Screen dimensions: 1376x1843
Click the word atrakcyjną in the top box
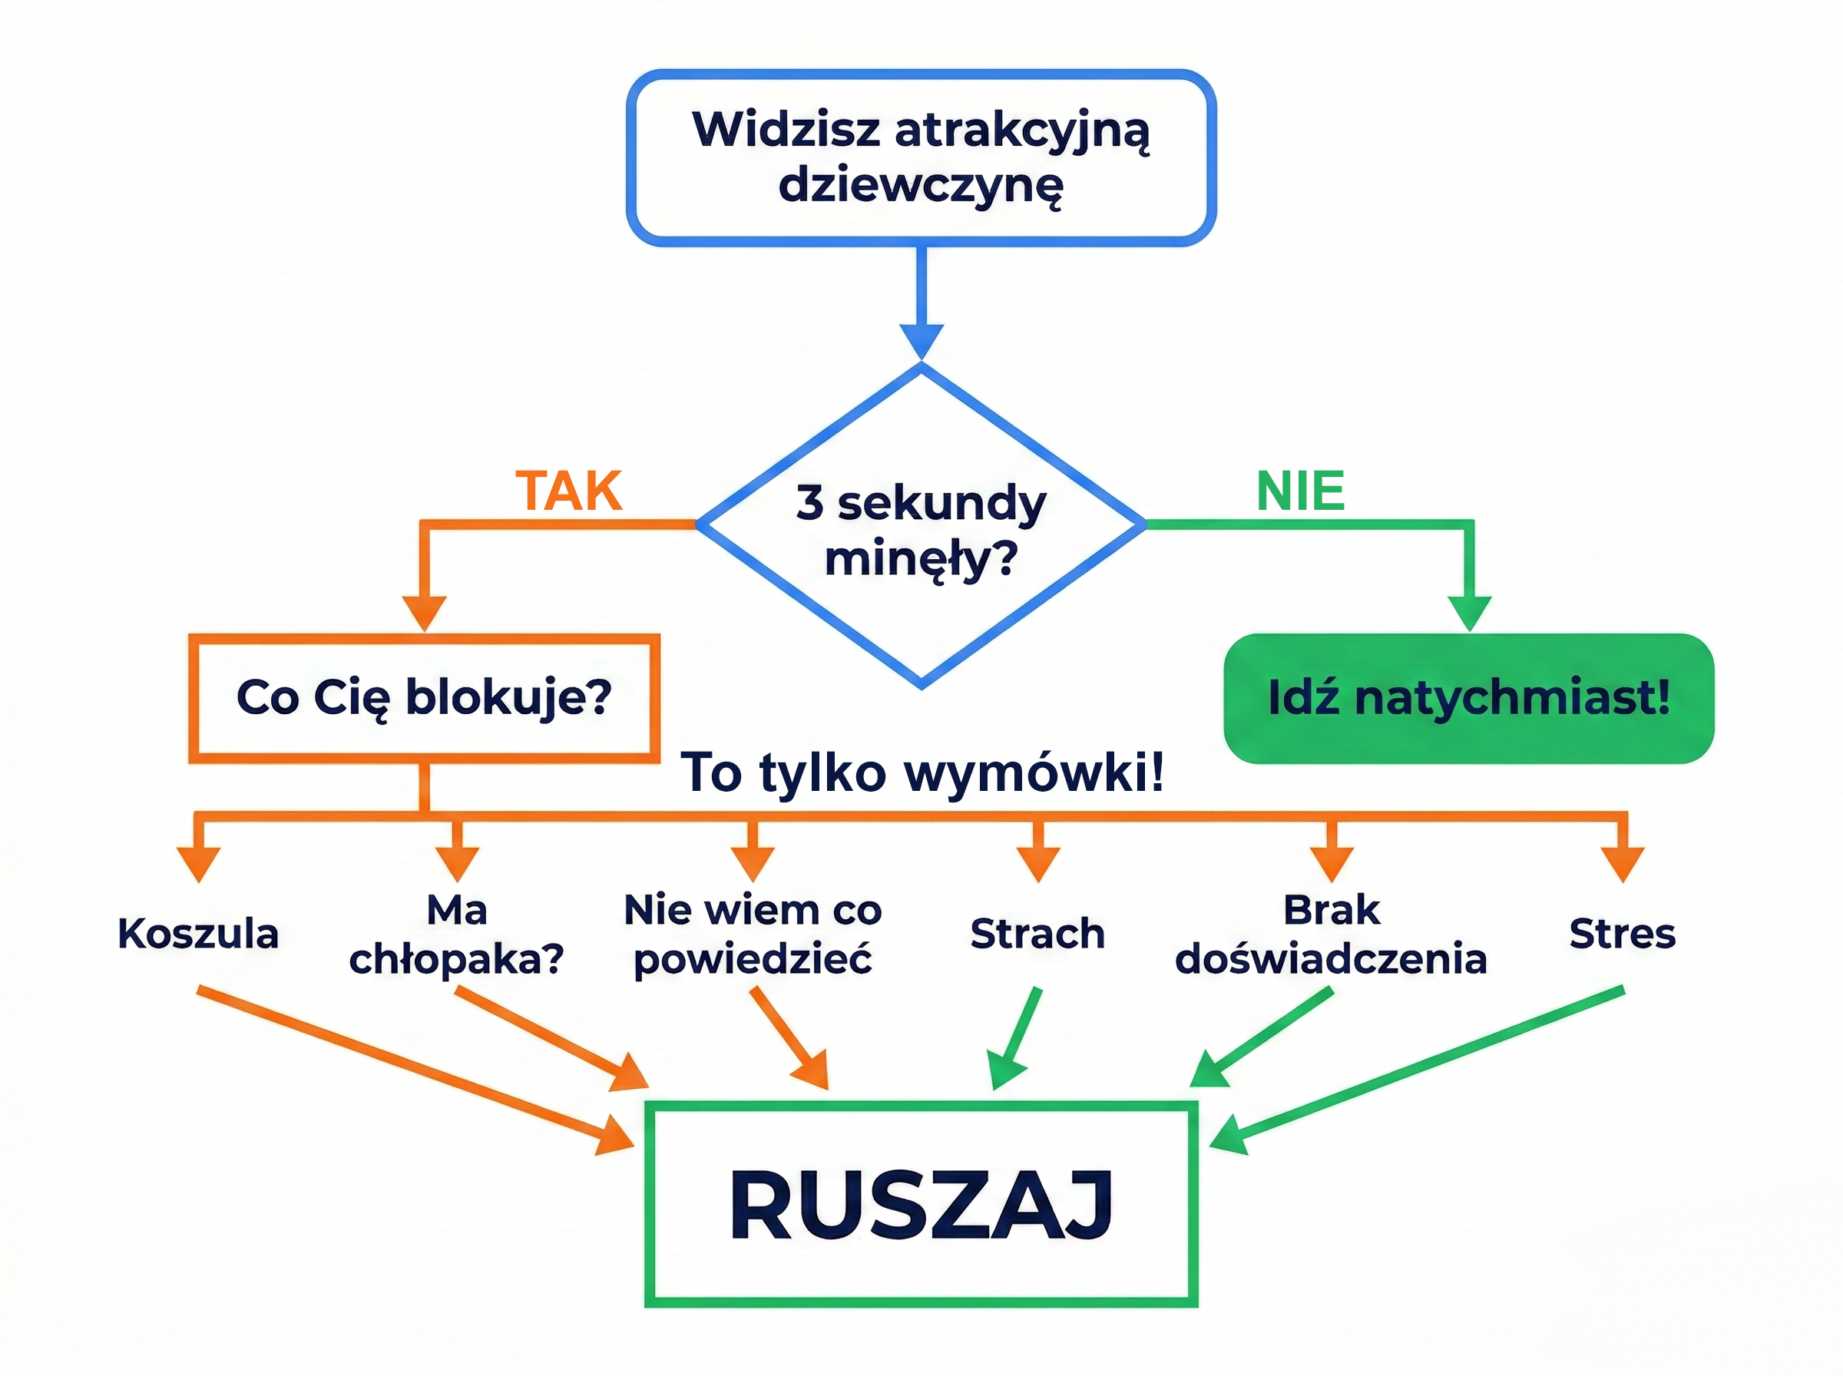[1021, 131]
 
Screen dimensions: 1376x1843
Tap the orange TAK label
[569, 491]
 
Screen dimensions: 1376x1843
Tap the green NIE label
[1300, 491]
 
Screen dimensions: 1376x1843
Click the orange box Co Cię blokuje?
[424, 698]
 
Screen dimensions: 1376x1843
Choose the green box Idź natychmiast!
[1468, 698]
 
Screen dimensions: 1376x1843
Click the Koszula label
[198, 934]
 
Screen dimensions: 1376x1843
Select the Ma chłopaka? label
[456, 934]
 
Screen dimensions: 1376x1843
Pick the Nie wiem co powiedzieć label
[753, 934]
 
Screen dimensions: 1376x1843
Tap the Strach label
[1037, 934]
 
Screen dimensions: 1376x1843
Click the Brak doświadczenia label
[1331, 934]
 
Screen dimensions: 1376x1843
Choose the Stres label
[1623, 934]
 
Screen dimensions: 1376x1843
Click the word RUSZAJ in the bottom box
[921, 1206]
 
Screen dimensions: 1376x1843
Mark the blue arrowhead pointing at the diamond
[921, 340]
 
